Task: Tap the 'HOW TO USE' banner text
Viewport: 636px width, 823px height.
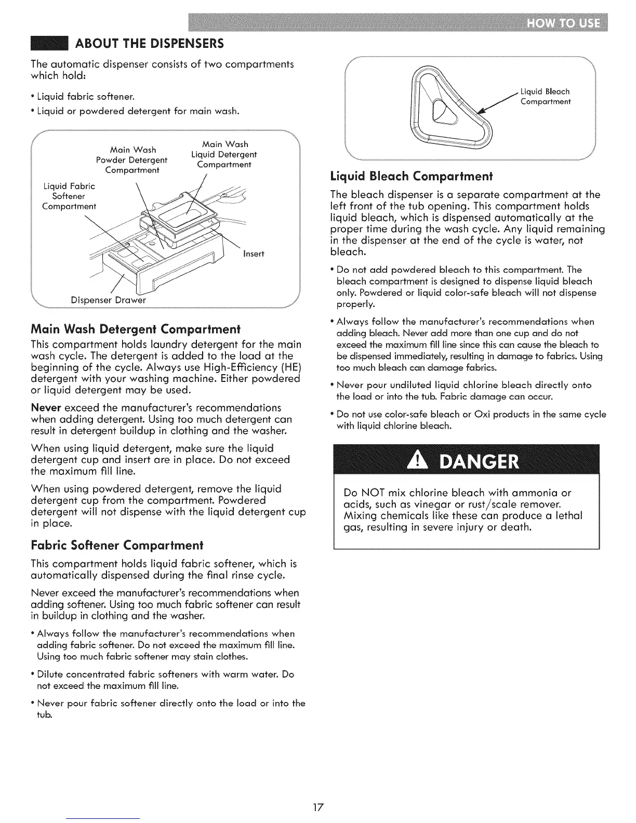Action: pyautogui.click(x=564, y=24)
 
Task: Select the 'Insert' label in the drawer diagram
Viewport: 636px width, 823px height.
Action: pyautogui.click(x=254, y=254)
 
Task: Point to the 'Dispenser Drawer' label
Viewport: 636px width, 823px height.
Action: pyautogui.click(x=108, y=300)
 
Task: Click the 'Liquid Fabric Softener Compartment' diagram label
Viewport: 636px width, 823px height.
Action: pyautogui.click(x=69, y=196)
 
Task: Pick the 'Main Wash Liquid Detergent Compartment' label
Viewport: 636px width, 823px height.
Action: pyautogui.click(x=224, y=154)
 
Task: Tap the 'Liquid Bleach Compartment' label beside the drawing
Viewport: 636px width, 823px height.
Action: pyautogui.click(x=545, y=97)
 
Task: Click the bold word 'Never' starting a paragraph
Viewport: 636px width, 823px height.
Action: pyautogui.click(x=46, y=407)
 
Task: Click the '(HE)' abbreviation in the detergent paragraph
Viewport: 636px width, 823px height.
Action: pyautogui.click(x=290, y=367)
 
